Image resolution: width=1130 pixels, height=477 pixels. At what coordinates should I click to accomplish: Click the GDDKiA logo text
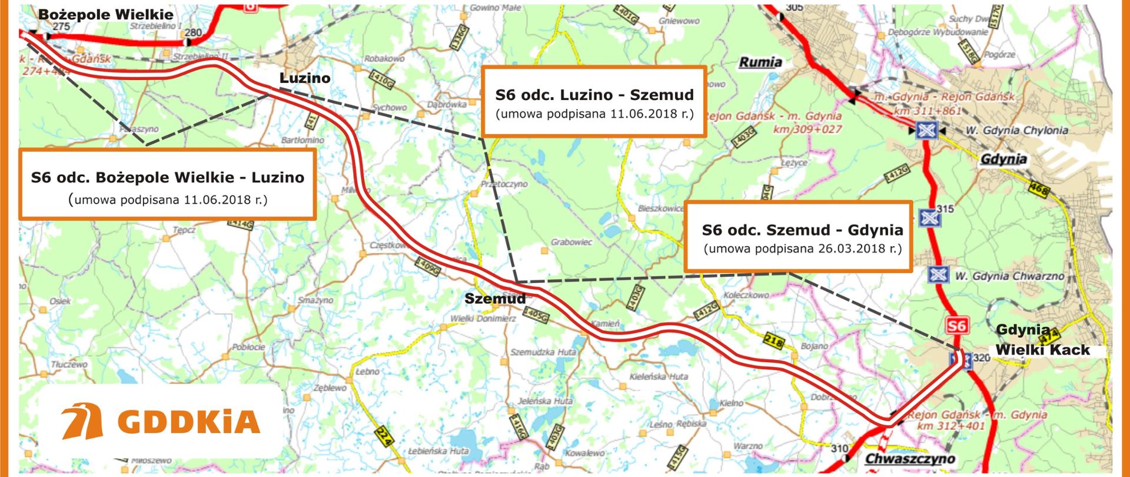pyautogui.click(x=188, y=422)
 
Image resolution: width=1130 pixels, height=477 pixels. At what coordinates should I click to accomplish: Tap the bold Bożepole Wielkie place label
pyautogui.click(x=106, y=15)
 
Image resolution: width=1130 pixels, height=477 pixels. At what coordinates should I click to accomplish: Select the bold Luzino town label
pyautogui.click(x=304, y=78)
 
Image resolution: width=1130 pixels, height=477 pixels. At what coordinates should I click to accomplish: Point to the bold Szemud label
pyautogui.click(x=494, y=299)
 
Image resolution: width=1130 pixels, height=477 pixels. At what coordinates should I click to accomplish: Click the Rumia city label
pyautogui.click(x=760, y=62)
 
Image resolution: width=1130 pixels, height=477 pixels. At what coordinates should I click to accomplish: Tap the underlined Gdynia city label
pyautogui.click(x=1003, y=159)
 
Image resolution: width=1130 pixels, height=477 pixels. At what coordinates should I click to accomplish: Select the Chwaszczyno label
pyautogui.click(x=910, y=459)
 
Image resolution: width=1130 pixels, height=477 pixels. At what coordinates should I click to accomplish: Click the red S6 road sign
pyautogui.click(x=956, y=326)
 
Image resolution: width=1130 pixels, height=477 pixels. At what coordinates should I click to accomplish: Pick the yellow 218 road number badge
pyautogui.click(x=775, y=341)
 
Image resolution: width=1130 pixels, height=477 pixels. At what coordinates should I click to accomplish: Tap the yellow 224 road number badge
pyautogui.click(x=383, y=438)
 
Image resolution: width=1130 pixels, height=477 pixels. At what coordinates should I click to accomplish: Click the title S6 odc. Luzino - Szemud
pyautogui.click(x=594, y=95)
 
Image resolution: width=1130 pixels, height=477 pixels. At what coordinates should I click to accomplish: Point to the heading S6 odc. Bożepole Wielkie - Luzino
pyautogui.click(x=168, y=177)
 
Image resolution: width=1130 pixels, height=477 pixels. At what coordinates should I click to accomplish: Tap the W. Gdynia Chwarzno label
pyautogui.click(x=1009, y=276)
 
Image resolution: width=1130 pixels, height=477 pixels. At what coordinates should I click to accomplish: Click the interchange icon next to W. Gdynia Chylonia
pyautogui.click(x=926, y=130)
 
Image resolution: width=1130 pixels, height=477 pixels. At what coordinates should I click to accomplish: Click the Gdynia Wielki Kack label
pyautogui.click(x=1042, y=340)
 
